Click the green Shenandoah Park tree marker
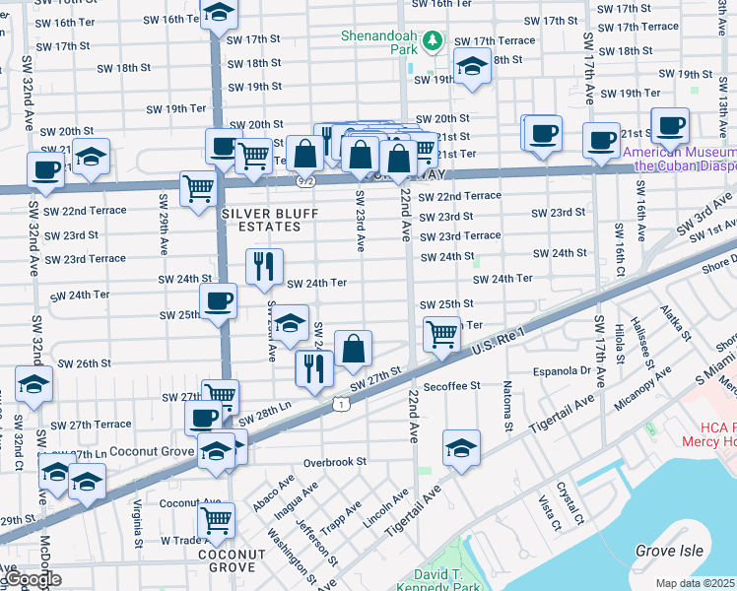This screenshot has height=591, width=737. coord(434,42)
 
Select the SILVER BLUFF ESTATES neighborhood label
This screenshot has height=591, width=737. coord(260,220)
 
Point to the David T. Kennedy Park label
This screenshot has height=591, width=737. coord(440,578)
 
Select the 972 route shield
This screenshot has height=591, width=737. coord(304,181)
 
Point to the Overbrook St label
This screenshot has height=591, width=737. coord(335,461)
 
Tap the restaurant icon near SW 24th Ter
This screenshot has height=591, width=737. coord(264,266)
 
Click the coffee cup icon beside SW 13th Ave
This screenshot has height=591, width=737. coord(670,126)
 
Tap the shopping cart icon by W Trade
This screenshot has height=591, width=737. coord(216,519)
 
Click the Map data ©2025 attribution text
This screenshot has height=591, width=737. coord(696,583)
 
